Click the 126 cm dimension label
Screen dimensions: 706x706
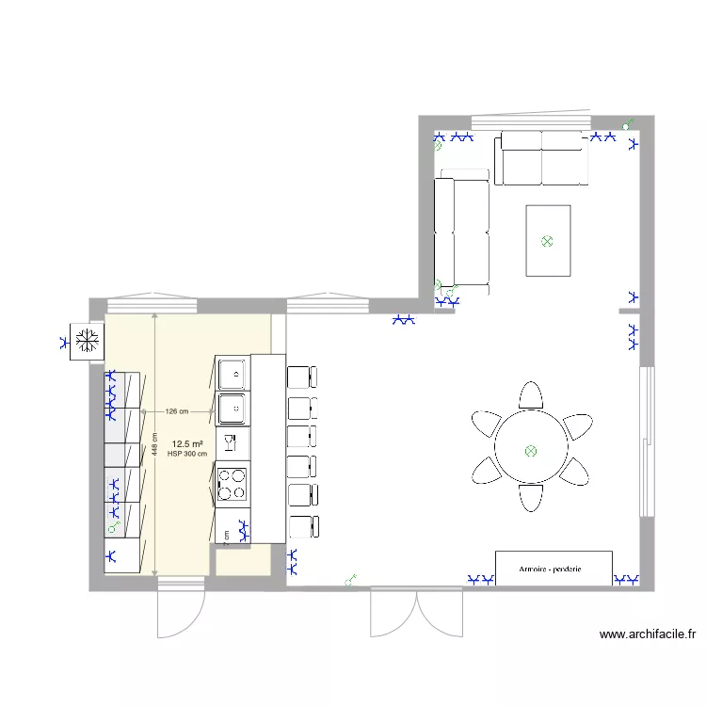click(x=177, y=411)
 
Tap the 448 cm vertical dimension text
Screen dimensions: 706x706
click(x=154, y=444)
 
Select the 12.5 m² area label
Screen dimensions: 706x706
click(x=187, y=442)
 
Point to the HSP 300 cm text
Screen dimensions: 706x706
click(x=187, y=454)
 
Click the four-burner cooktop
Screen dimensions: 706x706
click(x=233, y=484)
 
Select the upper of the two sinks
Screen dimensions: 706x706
click(x=233, y=374)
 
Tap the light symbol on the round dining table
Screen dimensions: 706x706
click(x=530, y=451)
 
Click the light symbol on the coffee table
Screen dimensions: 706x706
click(x=547, y=241)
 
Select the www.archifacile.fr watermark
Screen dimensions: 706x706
click(x=648, y=635)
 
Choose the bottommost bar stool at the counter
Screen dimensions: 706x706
click(x=301, y=526)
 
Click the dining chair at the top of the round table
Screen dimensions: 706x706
click(x=531, y=394)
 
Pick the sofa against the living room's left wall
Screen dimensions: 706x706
click(x=460, y=231)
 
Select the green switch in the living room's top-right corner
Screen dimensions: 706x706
click(x=628, y=123)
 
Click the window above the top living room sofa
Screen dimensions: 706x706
click(x=530, y=121)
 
